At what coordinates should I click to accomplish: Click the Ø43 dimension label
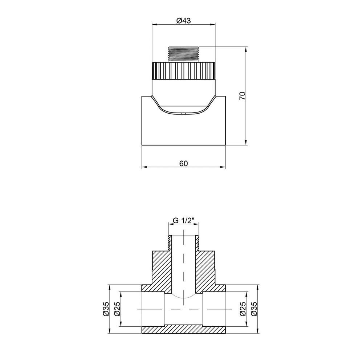[x=183, y=21]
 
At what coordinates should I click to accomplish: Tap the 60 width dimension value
[x=183, y=163]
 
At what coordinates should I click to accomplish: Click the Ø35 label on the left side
[x=106, y=309]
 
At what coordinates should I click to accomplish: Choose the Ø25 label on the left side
[x=117, y=309]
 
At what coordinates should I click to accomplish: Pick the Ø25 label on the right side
[x=243, y=309]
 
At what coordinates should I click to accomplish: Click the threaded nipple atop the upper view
[x=183, y=53]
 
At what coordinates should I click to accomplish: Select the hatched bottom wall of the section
[x=183, y=330]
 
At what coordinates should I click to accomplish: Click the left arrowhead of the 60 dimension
[x=144, y=167]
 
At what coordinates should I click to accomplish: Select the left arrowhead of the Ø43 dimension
[x=154, y=25]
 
